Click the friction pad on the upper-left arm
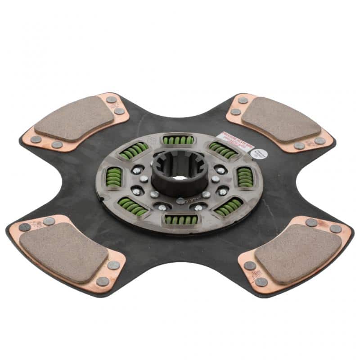[x=74, y=118]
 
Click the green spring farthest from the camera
[x=178, y=140]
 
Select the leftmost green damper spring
[x=113, y=177]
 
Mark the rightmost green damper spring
[x=245, y=176]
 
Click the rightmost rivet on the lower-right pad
[x=336, y=229]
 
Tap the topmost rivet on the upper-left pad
[x=111, y=99]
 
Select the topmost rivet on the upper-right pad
[x=243, y=100]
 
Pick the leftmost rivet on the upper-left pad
[x=36, y=139]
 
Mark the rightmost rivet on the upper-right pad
[x=320, y=141]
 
